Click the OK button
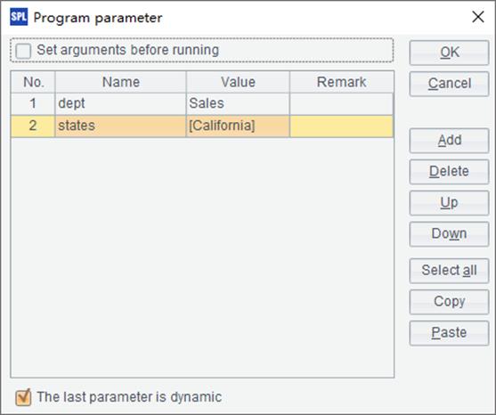449,53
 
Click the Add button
449,141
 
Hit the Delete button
449,172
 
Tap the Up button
449,203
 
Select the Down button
449,234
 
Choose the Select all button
449,271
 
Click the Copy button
449,302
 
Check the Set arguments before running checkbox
23,51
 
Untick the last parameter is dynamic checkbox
23,397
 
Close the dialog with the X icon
478,17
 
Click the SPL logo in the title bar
19,17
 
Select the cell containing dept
120,103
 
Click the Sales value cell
238,103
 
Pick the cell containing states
120,126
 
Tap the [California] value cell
238,126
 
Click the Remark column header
342,82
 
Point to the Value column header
238,82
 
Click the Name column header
120,82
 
